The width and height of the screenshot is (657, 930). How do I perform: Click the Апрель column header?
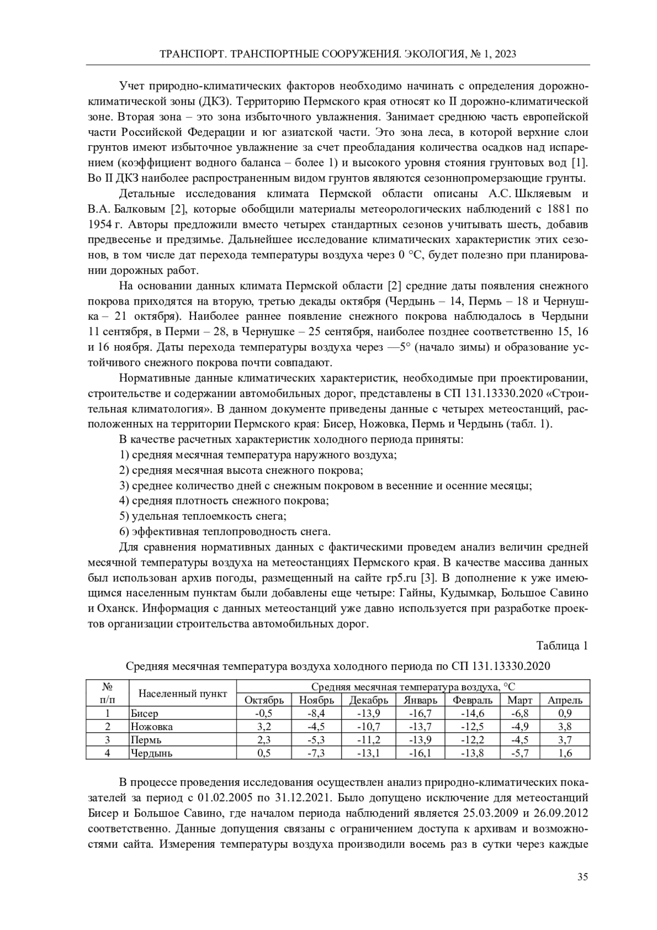564,700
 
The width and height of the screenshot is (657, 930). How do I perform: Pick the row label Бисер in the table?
145,713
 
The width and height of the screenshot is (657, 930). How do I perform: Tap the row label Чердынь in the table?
152,753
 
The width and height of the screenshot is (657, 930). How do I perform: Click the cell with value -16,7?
420,713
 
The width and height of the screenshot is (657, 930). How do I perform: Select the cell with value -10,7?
368,727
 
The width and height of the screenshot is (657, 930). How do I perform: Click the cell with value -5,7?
520,753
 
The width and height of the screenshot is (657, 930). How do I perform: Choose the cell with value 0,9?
564,713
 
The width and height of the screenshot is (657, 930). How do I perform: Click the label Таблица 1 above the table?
562,646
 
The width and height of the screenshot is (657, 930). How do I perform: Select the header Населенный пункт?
182,693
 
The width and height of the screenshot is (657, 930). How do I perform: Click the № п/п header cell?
107,693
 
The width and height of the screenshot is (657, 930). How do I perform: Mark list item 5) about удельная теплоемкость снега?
203,516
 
